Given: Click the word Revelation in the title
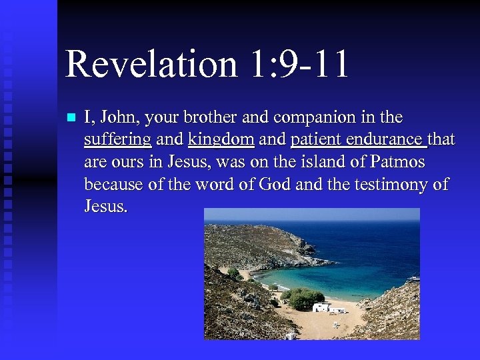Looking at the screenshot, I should [151, 65].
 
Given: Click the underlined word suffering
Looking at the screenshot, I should [117, 140].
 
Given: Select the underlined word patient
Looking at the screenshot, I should [315, 140].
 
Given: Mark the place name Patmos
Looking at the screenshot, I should [398, 162].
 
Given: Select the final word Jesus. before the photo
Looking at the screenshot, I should [106, 206].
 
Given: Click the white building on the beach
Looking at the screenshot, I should [321, 307].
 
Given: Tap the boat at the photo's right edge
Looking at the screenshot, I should [414, 278].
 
